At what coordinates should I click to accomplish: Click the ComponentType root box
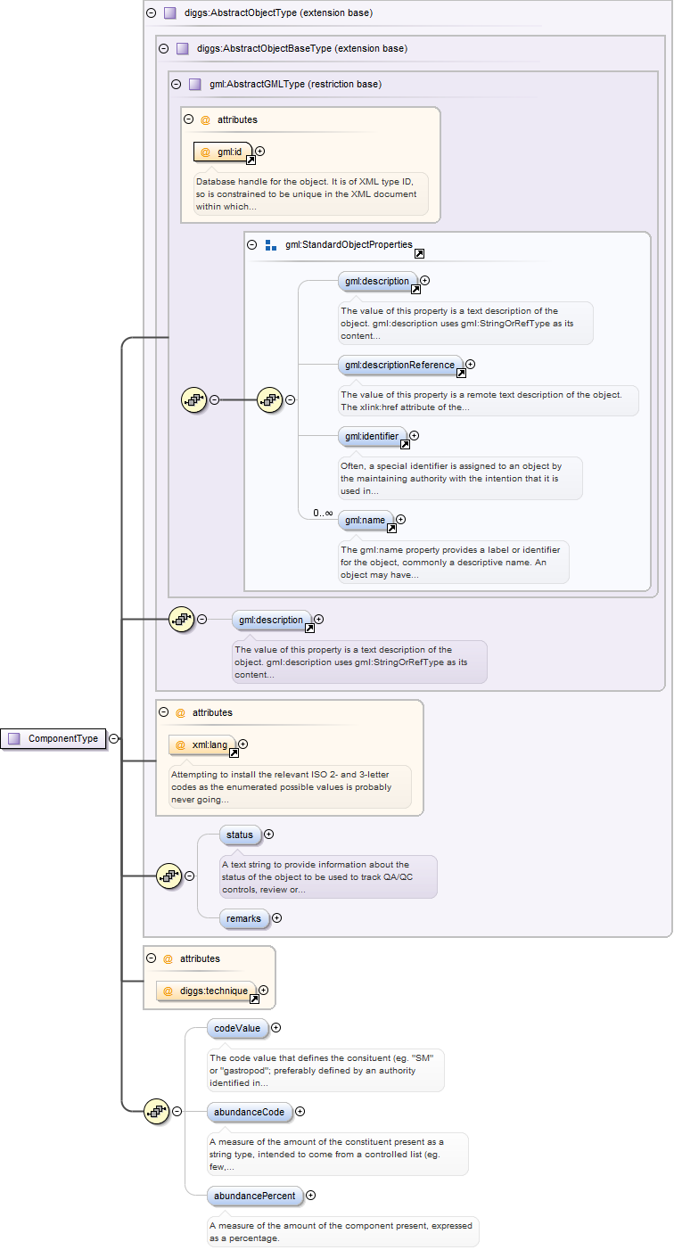(54, 738)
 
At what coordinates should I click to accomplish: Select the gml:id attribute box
(223, 152)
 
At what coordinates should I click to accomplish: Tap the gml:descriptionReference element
(400, 365)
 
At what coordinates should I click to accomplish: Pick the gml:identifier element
(372, 437)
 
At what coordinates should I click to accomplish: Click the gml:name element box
(366, 520)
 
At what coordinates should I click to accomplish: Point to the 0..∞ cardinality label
(323, 514)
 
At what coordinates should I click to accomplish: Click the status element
(239, 835)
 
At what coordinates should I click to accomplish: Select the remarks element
(243, 917)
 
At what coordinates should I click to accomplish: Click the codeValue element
(236, 1028)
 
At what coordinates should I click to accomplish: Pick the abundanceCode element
(249, 1112)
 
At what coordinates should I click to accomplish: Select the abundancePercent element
(254, 1196)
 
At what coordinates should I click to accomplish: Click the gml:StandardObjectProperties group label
(349, 244)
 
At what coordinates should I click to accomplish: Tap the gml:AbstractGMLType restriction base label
(295, 85)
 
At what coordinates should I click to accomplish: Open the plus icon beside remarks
(276, 917)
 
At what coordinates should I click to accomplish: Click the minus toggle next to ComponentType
(114, 738)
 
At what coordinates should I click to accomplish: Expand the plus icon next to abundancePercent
(310, 1196)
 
